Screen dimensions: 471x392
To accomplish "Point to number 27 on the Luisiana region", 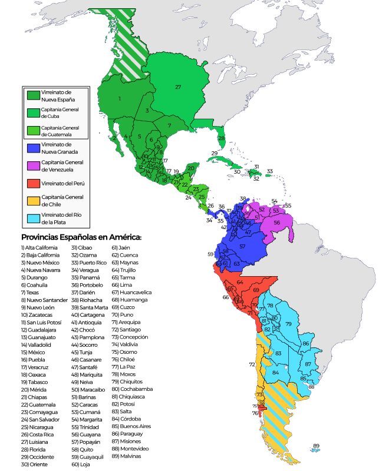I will (x=177, y=87).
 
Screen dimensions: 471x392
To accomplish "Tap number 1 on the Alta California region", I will (x=120, y=99).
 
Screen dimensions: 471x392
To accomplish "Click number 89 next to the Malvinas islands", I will (x=316, y=446).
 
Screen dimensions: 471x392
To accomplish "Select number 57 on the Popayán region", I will (x=242, y=246).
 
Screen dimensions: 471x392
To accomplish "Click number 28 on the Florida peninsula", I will (x=221, y=138).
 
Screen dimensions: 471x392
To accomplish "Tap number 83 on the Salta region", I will (x=278, y=353).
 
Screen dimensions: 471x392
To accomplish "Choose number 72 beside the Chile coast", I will (x=252, y=364).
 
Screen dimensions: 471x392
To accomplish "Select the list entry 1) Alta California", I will (x=39, y=247).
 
